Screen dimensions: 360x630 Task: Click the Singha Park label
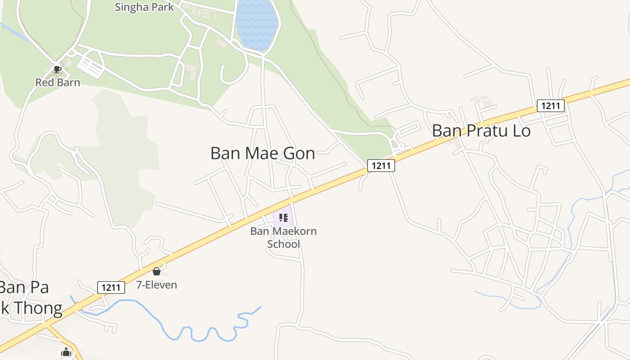[144, 7]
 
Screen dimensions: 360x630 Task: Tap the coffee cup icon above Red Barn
[57, 69]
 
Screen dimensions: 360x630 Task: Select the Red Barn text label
[58, 82]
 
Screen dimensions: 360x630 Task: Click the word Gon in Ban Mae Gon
[299, 153]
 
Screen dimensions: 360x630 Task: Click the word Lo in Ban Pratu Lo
[521, 131]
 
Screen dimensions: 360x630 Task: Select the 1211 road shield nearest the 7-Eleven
[111, 287]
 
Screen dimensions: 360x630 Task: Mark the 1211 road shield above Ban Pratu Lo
[551, 106]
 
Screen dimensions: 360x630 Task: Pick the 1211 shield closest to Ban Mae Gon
[381, 166]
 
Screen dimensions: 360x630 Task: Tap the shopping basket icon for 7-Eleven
[157, 271]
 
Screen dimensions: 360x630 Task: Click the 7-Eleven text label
[157, 285]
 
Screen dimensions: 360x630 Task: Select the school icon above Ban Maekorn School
[283, 218]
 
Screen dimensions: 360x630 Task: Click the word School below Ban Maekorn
[283, 244]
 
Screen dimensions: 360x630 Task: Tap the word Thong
[38, 309]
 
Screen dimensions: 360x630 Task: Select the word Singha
[130, 7]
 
